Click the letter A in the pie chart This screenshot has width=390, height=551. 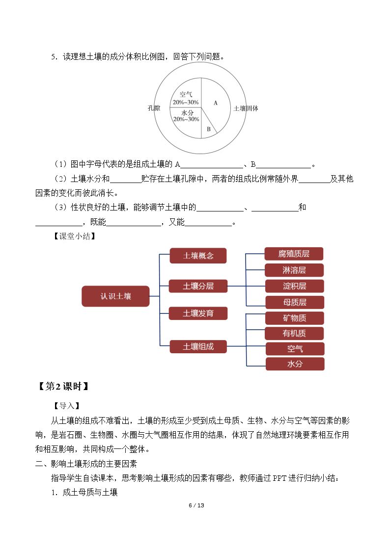(216, 103)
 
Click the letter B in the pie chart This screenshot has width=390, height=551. (209, 129)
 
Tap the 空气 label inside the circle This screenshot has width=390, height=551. (186, 94)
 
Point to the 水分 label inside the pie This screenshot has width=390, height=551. (187, 112)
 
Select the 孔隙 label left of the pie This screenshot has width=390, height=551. (154, 108)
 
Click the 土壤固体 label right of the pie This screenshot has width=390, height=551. (246, 108)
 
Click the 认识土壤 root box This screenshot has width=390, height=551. (116, 296)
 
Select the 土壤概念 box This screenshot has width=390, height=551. (198, 256)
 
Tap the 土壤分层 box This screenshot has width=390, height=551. (198, 286)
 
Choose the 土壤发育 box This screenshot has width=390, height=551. (198, 313)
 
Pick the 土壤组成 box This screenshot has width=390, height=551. (198, 346)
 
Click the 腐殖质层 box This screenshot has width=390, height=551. (294, 254)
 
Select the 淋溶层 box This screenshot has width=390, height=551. (294, 270)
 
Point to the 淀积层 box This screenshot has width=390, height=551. (294, 286)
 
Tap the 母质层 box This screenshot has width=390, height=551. (295, 302)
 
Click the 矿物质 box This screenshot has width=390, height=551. (294, 318)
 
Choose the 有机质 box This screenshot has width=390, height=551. (294, 333)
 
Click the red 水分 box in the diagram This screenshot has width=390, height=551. (295, 364)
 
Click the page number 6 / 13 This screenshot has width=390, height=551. (196, 505)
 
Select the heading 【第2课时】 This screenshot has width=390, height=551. (63, 386)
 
